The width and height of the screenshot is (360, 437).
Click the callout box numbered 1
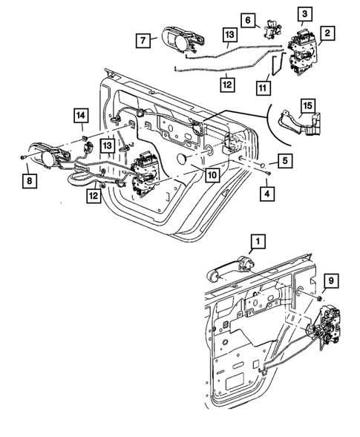pos(257,242)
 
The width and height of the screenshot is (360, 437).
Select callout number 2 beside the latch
pos(326,33)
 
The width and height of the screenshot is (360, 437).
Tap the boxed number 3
pos(304,14)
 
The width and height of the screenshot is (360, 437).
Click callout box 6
pos(248,21)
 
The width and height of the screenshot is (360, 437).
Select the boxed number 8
pos(29,180)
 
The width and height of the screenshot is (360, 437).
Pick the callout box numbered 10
pos(212,175)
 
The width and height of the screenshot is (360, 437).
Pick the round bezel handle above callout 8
pos(50,157)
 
